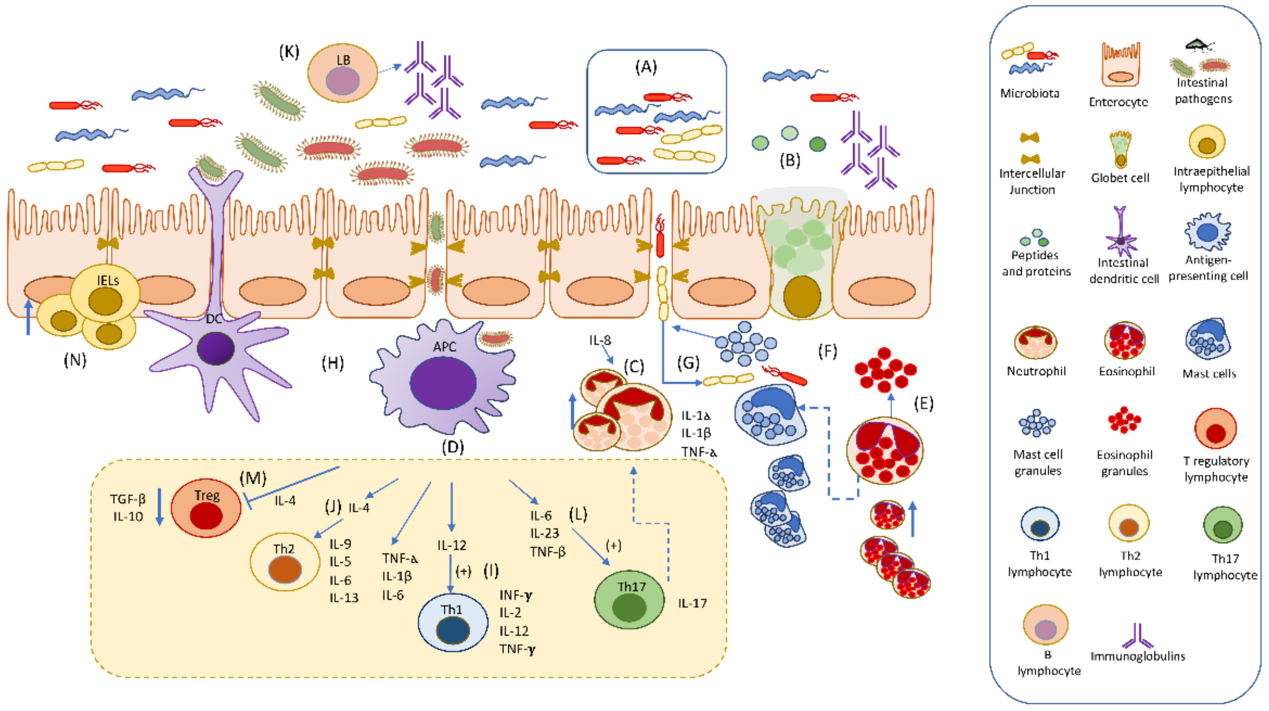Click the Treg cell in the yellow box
click(206, 507)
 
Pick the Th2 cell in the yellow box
click(285, 562)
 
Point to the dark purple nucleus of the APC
click(443, 383)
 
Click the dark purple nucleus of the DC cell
click(215, 348)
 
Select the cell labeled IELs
click(105, 293)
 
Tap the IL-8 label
click(600, 340)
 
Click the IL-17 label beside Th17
click(692, 603)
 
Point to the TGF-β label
click(128, 499)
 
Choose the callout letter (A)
click(646, 66)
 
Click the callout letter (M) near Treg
click(253, 478)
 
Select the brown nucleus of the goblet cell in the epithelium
click(802, 296)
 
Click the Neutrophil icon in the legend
click(1036, 342)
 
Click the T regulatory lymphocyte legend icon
click(1215, 429)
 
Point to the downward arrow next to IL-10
click(159, 507)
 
